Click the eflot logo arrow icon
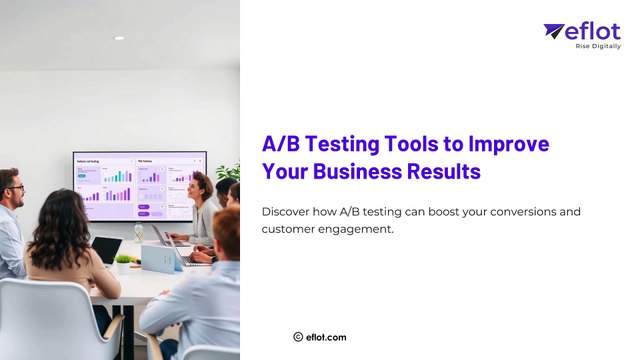click(x=554, y=31)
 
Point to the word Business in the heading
click(x=356, y=171)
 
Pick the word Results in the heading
click(x=444, y=171)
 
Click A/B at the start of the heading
click(x=280, y=143)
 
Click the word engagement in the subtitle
click(x=358, y=230)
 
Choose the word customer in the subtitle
click(x=290, y=230)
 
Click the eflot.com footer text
click(x=326, y=337)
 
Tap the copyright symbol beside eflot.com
click(x=298, y=337)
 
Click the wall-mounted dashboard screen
click(x=139, y=185)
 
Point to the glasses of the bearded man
click(x=15, y=187)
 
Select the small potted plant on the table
click(x=123, y=263)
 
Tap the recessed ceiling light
click(x=119, y=38)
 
